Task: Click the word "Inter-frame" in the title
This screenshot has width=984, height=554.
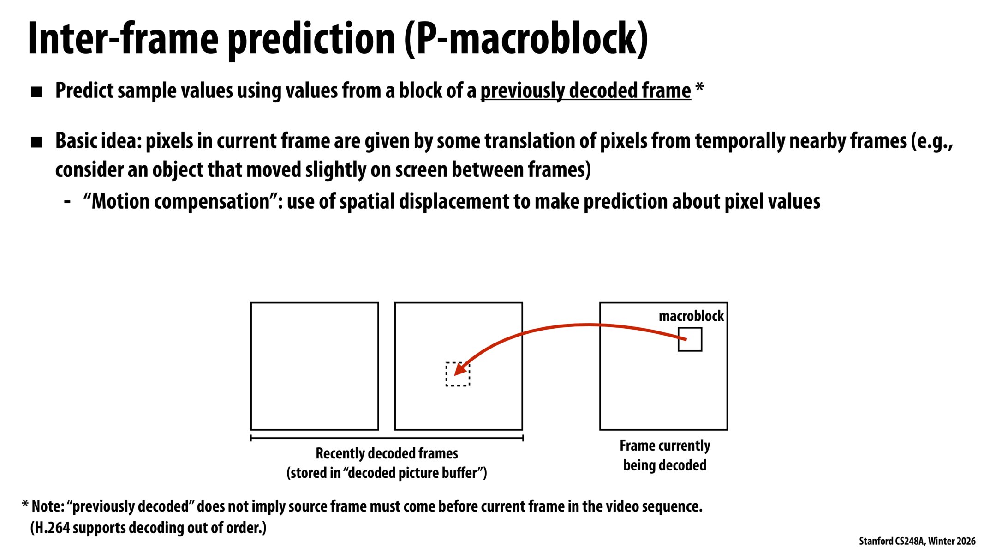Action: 123,39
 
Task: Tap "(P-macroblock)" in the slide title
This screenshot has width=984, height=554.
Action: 526,39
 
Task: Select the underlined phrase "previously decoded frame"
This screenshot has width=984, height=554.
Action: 585,90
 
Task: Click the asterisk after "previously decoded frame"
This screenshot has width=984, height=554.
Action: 699,88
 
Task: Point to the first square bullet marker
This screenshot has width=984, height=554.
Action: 36,92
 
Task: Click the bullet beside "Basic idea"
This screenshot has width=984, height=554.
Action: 36,142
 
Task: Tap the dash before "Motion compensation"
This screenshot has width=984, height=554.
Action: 67,201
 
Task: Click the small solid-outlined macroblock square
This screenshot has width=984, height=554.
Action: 690,339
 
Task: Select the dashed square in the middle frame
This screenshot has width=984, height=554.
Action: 458,374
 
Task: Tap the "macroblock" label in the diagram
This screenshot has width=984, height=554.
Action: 691,316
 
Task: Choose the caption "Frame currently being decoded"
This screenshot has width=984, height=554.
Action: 664,455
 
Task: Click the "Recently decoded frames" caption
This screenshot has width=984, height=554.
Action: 387,453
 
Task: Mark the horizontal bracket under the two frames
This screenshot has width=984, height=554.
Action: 387,438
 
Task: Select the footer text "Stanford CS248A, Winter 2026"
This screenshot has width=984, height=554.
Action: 917,541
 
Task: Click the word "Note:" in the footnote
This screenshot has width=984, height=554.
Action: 48,506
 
